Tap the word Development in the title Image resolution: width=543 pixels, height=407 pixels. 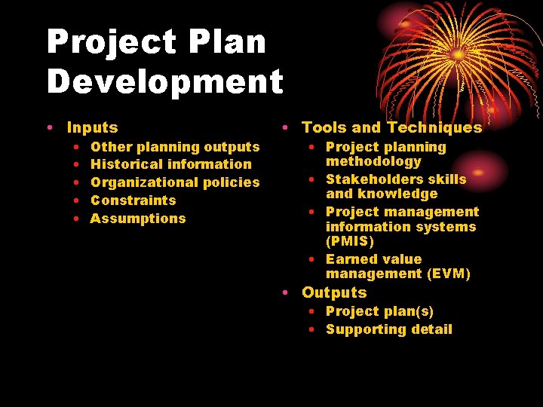tap(164, 81)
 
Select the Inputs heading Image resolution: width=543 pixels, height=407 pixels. tap(92, 128)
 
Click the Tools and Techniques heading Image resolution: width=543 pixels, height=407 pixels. tap(391, 128)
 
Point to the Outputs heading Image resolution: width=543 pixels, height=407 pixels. tap(334, 292)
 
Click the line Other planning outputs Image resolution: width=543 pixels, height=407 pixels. tap(174, 147)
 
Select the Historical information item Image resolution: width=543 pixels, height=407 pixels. tap(170, 164)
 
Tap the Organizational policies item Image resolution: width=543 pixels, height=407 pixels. tap(174, 182)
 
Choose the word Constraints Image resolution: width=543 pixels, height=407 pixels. tap(133, 200)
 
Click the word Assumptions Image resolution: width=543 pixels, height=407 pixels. tap(137, 219)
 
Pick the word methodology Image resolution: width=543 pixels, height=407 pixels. tap(373, 161)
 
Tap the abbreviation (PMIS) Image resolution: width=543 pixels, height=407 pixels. tap(349, 241)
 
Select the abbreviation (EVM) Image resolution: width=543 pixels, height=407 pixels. tap(448, 274)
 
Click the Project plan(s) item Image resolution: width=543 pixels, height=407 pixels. tap(379, 311)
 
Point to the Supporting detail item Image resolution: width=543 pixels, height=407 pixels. tap(388, 329)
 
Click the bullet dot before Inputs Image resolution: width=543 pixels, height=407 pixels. tap(49, 128)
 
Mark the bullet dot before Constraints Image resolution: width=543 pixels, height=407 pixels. tap(78, 200)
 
